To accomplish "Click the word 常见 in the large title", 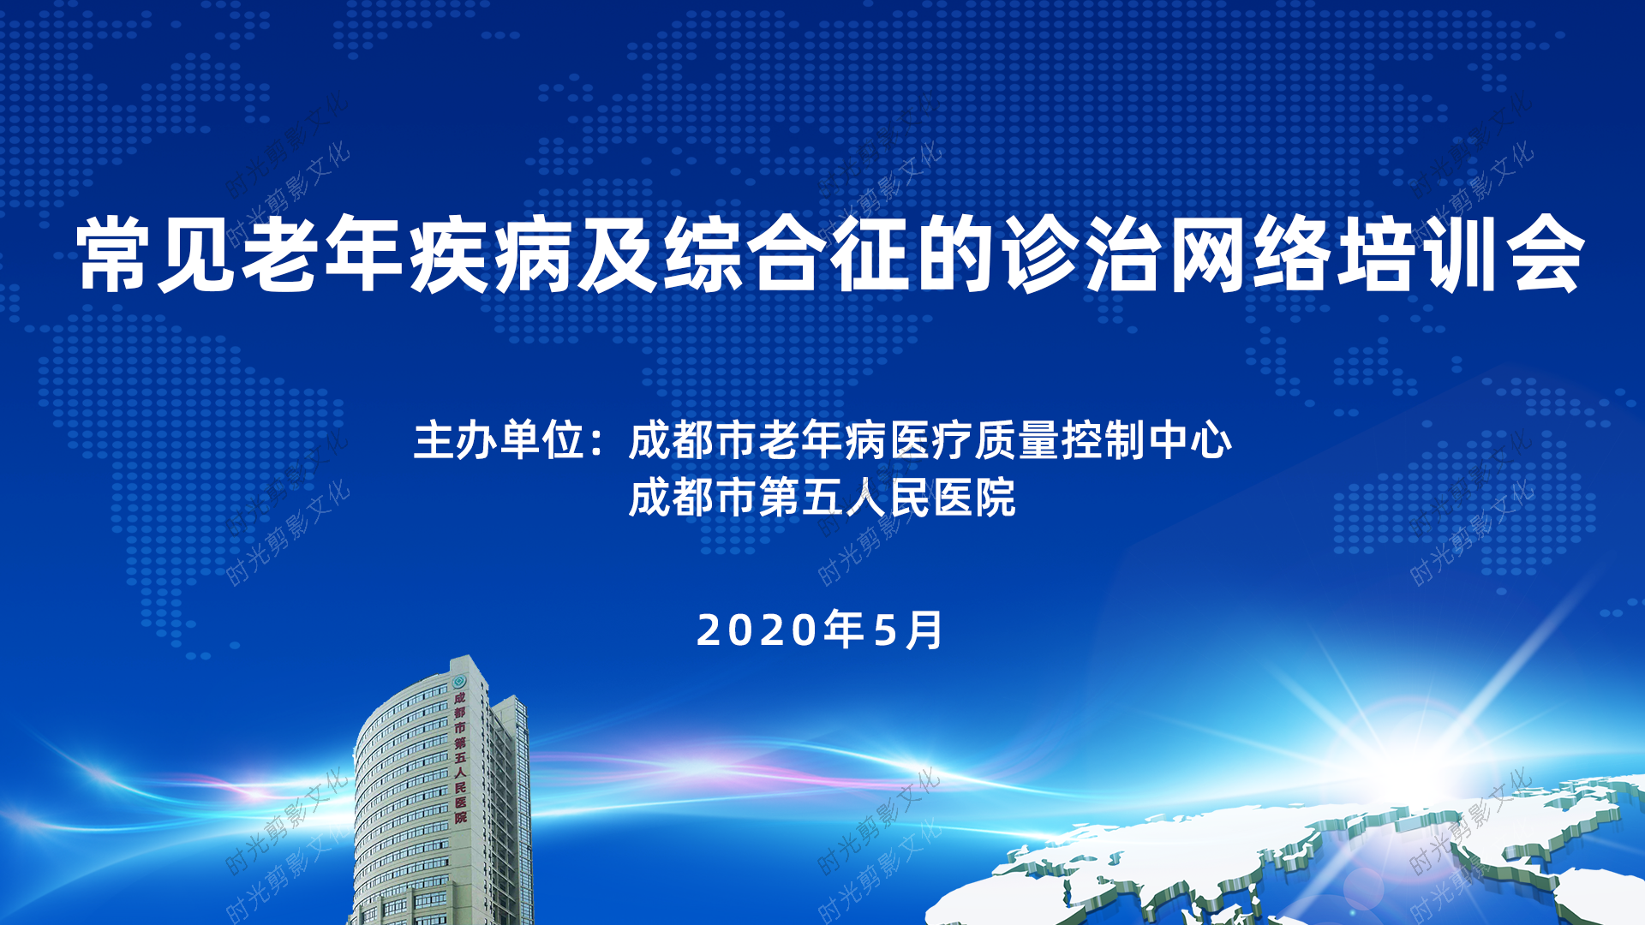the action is [157, 254].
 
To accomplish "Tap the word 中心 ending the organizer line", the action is [1190, 440].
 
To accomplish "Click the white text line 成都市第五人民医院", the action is [822, 498].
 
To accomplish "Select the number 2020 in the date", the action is [757, 630].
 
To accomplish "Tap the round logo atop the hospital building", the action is [458, 682].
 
